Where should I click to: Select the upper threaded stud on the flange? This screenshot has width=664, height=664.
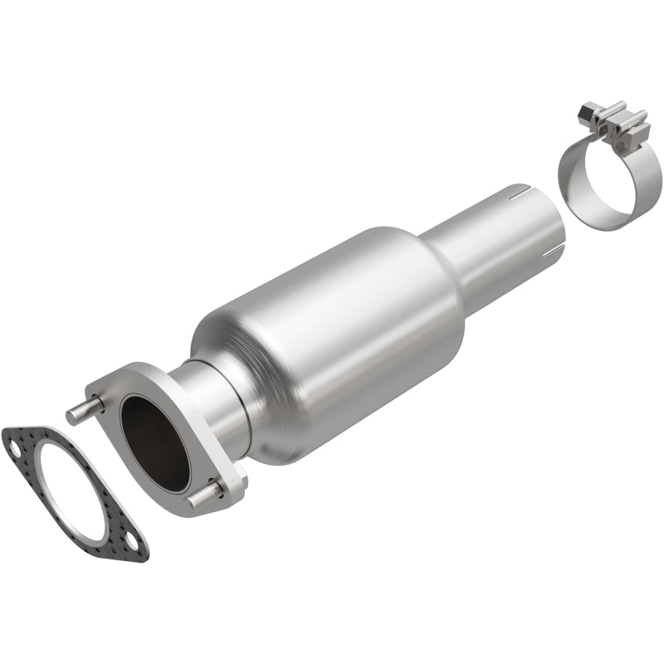[84, 413]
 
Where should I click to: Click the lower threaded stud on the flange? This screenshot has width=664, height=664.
[202, 498]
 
